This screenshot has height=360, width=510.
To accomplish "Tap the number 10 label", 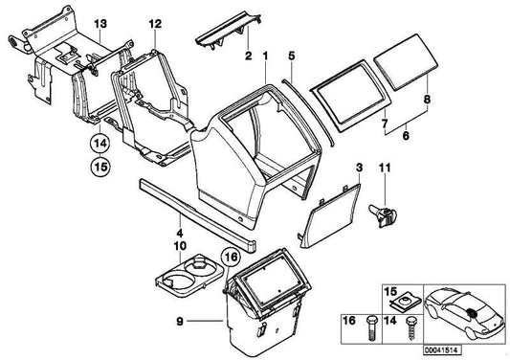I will pyautogui.click(x=179, y=246).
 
